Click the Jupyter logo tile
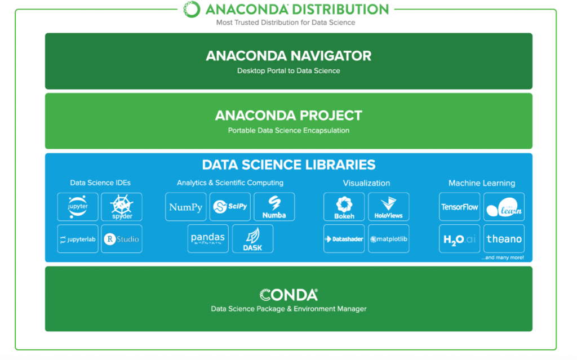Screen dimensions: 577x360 point(78,207)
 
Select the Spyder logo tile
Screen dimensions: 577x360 point(122,207)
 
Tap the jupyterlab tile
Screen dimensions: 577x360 point(78,239)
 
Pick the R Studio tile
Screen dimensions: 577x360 point(122,239)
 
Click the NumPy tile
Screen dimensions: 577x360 point(185,207)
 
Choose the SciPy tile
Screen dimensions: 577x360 point(230,207)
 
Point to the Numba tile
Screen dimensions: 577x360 point(274,207)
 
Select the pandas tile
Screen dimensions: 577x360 point(208,239)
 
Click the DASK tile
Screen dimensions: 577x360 point(252,239)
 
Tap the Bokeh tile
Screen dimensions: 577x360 point(344,207)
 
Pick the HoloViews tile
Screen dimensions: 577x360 point(388,207)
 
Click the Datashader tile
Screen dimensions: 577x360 point(344,239)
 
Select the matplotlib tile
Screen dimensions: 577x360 point(388,239)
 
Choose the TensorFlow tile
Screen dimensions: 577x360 point(460,207)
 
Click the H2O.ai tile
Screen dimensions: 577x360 point(460,239)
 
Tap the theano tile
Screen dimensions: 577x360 point(504,239)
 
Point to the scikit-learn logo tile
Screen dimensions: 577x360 point(504,207)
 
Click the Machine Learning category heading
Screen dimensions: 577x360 point(481,183)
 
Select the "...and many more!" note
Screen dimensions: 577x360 point(503,257)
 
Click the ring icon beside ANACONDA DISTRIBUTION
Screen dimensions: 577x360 point(192,9)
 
